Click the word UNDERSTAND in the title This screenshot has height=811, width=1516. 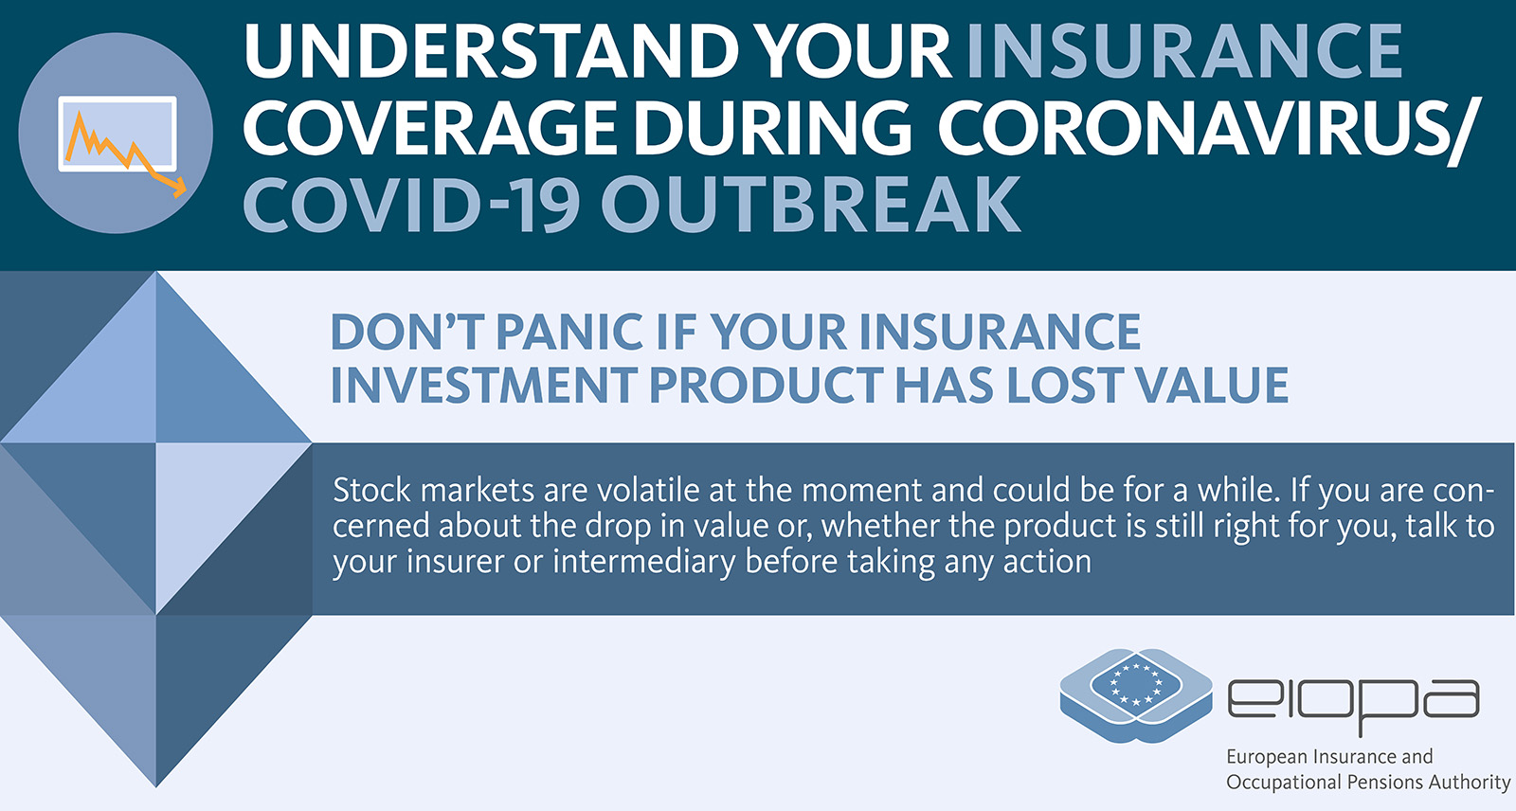point(492,51)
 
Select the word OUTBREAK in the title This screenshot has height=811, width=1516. point(811,205)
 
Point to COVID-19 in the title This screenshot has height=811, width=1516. point(411,205)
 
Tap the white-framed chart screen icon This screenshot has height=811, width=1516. point(117,134)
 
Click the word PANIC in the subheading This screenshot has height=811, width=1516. point(568,332)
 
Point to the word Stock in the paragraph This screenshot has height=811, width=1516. point(371,490)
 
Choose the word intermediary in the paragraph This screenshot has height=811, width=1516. point(643,562)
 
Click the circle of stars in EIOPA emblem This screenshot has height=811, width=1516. point(1136,683)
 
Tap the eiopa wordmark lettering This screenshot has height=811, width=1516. point(1354,704)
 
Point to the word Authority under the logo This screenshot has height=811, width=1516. point(1470,784)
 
